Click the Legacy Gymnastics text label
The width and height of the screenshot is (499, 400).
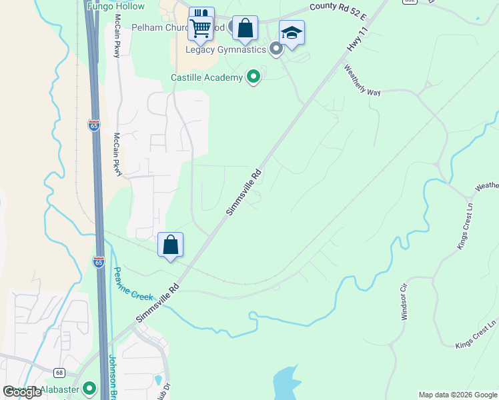point(226,49)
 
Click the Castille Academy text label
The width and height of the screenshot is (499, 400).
point(207,78)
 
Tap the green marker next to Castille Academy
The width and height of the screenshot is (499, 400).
point(253,78)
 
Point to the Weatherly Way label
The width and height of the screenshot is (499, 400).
point(362,80)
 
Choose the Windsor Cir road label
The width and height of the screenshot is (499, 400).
point(404,303)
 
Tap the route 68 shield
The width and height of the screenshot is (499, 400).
point(59,372)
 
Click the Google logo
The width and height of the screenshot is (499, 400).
point(23,392)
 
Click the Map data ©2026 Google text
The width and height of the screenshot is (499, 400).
point(458,395)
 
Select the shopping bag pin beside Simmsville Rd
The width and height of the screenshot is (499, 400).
point(171,245)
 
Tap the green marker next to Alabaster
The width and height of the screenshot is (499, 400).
point(90,389)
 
